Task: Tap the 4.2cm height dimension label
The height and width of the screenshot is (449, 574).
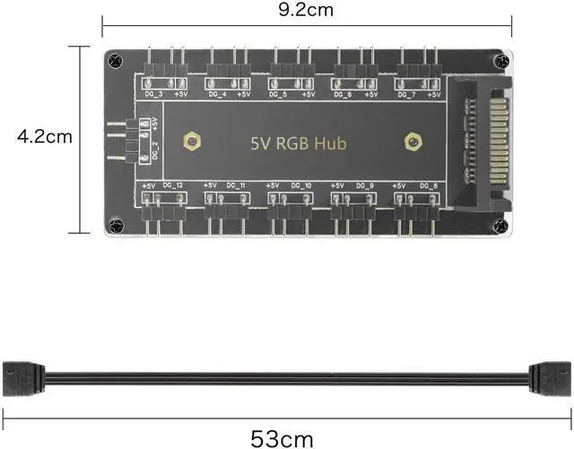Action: [44, 137]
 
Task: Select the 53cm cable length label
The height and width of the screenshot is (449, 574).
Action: [283, 437]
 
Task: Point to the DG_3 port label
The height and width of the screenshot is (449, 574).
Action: [153, 93]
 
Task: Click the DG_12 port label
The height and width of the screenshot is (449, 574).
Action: [173, 186]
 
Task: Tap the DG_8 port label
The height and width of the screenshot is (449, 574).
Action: [428, 186]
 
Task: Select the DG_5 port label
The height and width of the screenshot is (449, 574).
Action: [278, 93]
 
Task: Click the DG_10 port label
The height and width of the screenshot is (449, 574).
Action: [301, 186]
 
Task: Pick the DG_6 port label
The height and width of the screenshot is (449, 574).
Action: [343, 93]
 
